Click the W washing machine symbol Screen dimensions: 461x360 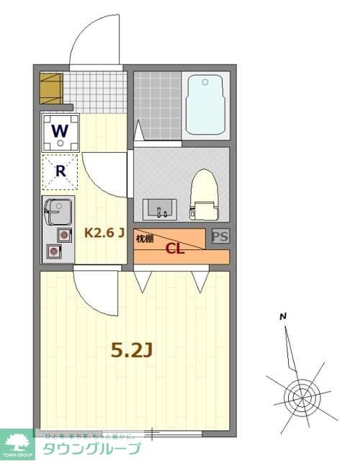[60, 132]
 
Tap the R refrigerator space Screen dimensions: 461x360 [61, 172]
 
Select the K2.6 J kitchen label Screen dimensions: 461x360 [105, 233]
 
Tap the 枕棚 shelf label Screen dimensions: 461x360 [145, 238]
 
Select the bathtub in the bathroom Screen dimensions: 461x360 [207, 107]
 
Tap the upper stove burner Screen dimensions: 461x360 [64, 235]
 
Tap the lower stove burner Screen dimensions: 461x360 [54, 251]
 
